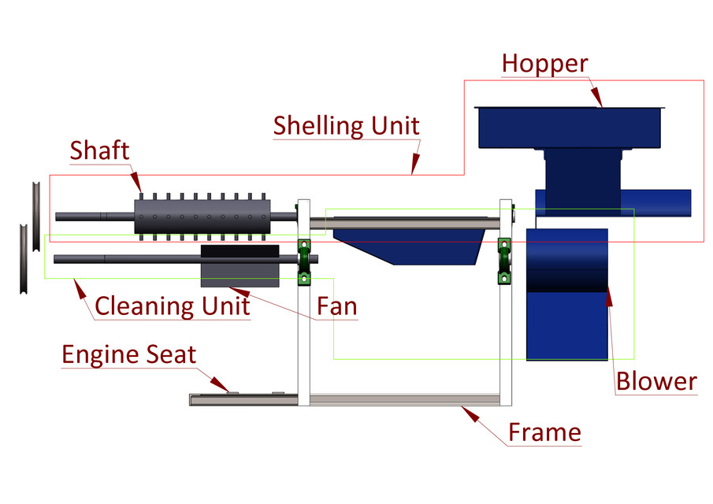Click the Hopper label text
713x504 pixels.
544,63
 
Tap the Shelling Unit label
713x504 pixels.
346,125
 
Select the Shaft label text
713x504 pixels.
99,150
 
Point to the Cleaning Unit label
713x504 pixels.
172,305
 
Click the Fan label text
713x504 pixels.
336,306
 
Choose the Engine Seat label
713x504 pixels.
129,354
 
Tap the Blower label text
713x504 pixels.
656,382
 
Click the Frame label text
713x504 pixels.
544,432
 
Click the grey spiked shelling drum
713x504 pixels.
201,216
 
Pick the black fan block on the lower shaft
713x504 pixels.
240,251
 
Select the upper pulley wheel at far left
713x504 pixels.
36,216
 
